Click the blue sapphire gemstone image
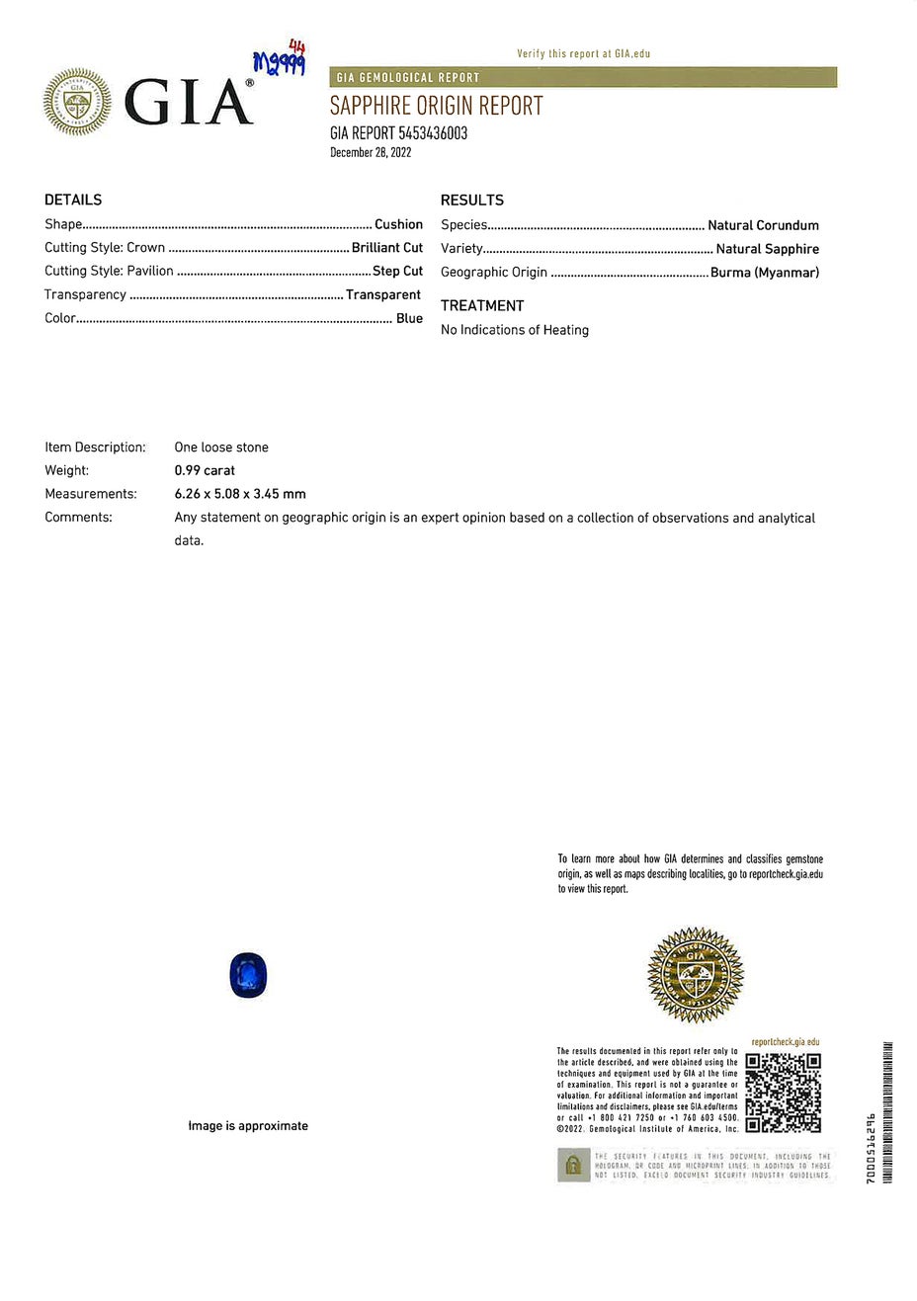tap(248, 976)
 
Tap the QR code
tap(783, 1092)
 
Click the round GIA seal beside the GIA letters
tap(77, 102)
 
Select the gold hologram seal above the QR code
tap(695, 975)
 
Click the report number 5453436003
tap(433, 133)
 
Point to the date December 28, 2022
tap(371, 153)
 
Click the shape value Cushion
tap(398, 224)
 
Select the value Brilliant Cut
tap(387, 248)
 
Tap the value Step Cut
tap(397, 271)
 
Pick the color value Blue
tap(409, 318)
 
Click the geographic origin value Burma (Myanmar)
tap(764, 273)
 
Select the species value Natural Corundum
tap(763, 225)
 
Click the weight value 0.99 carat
tap(205, 471)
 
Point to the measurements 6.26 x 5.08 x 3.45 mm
tap(240, 494)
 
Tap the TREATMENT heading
tap(482, 306)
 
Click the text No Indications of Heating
tap(515, 330)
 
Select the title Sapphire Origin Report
tap(437, 106)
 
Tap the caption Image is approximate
tap(248, 1126)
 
